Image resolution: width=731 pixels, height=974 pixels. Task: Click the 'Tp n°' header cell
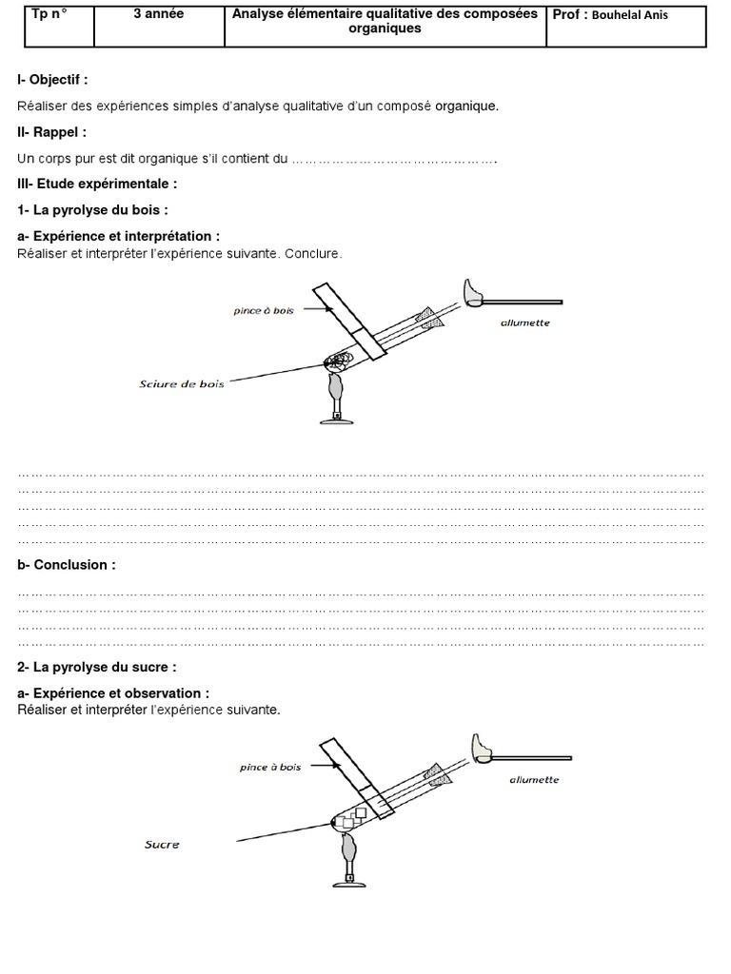(x=56, y=26)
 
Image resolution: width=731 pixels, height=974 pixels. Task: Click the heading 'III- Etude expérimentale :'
(x=97, y=183)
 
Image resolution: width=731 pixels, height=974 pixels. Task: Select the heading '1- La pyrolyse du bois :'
(x=92, y=209)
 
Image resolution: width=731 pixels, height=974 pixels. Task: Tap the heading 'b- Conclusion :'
(x=67, y=565)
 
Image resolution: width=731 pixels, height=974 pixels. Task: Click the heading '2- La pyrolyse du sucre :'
(x=96, y=668)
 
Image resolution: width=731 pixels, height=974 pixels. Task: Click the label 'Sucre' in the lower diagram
(x=162, y=844)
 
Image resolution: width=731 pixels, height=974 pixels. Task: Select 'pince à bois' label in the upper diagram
(x=263, y=310)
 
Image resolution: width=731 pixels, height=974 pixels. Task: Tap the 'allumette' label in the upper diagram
(x=524, y=323)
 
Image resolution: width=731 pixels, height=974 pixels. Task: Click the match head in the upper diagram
(x=474, y=292)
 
